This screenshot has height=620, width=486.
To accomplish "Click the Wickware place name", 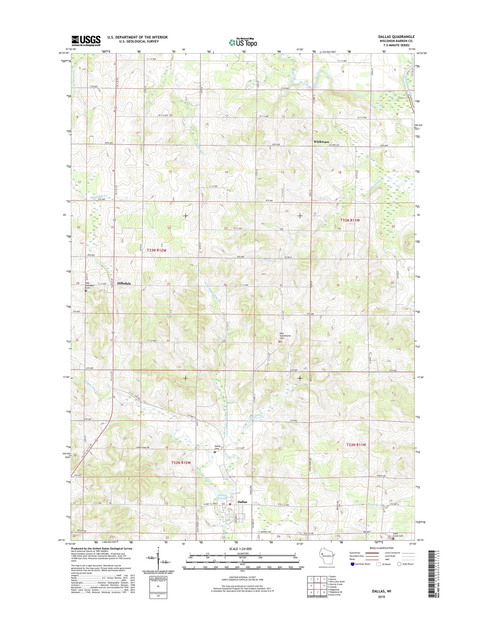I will pos(321,142).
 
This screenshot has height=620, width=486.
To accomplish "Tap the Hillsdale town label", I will pos(124,283).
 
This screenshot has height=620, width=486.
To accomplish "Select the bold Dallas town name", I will pos(242,502).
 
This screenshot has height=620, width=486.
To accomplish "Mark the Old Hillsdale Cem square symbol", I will pos(86,291).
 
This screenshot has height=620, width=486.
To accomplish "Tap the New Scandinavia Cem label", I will pos(284,336).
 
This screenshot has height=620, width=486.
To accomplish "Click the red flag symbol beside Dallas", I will pos(230,504).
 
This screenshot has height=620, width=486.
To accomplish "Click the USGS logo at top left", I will pos(86,41).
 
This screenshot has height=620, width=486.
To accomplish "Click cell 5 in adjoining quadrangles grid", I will pos(324,586).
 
